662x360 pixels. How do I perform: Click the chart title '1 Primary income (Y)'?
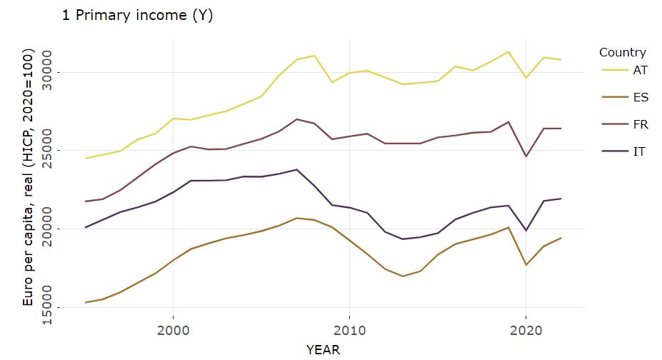(x=138, y=16)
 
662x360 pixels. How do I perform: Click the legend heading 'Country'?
(x=622, y=52)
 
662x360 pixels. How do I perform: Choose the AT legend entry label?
(x=640, y=70)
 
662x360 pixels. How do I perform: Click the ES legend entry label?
(x=640, y=97)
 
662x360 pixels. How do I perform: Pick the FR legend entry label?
(x=640, y=124)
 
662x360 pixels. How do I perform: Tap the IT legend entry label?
(x=640, y=151)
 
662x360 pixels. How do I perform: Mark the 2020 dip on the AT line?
(x=526, y=78)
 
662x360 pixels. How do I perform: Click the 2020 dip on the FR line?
(x=526, y=156)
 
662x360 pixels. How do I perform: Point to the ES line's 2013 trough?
(x=402, y=276)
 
